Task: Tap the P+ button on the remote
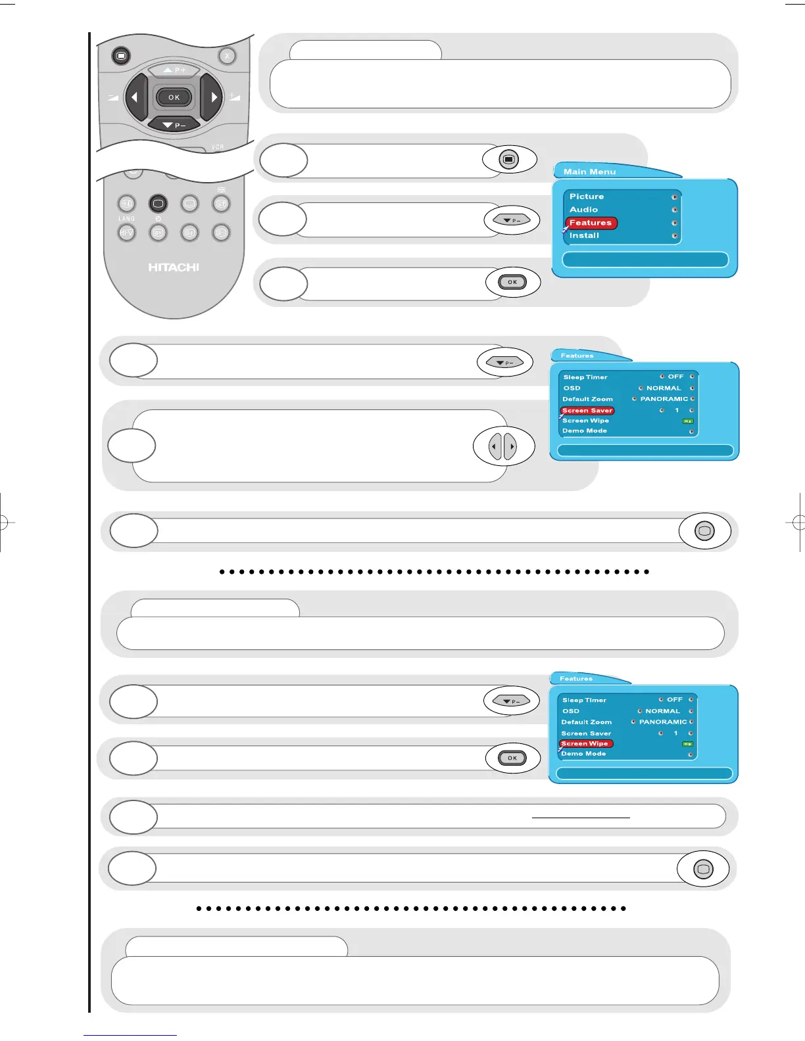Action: (174, 70)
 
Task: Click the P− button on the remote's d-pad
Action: (174, 124)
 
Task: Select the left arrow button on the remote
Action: (135, 98)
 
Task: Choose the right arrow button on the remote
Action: (212, 98)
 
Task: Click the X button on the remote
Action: (227, 56)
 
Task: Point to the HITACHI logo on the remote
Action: (174, 267)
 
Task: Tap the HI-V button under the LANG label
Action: (126, 233)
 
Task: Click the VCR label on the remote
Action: (218, 147)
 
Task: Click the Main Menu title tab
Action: (590, 172)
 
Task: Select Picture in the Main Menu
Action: (587, 197)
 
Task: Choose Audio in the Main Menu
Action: (584, 210)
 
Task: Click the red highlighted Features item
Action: (591, 223)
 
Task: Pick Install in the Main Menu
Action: (584, 235)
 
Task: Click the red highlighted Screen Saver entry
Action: (587, 410)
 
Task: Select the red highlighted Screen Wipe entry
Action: (585, 743)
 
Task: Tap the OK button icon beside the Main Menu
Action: (512, 282)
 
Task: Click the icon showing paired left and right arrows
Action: (503, 447)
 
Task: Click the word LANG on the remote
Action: (126, 218)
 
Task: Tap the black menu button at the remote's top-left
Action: (120, 56)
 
